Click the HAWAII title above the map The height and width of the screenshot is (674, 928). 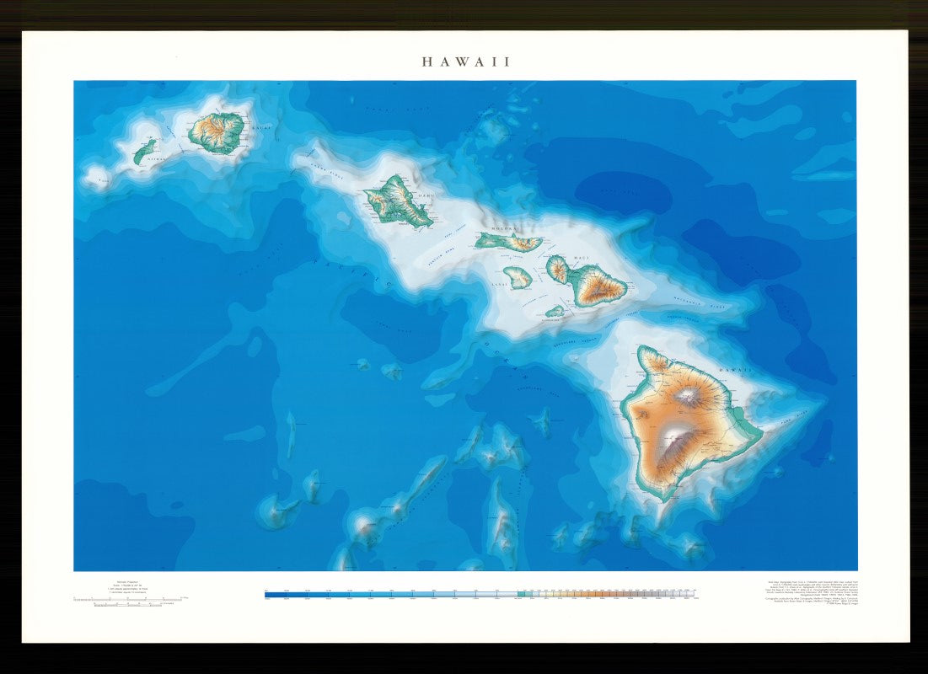466,62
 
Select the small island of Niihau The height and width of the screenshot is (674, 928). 144,152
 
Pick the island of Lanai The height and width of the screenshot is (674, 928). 518,276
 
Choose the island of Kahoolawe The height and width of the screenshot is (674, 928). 554,311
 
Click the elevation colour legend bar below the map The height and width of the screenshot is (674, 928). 480,594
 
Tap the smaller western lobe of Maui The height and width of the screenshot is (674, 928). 557,269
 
